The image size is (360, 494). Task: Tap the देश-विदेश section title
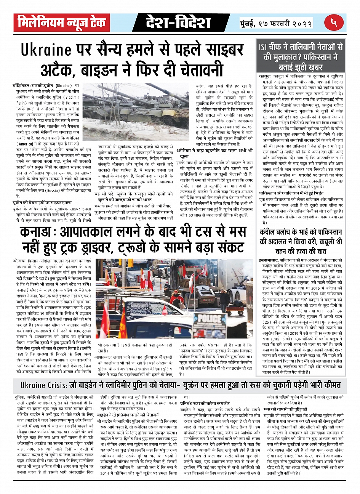178,23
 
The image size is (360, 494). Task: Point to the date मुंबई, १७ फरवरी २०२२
276,23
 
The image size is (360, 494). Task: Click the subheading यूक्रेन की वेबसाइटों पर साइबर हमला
42,203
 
